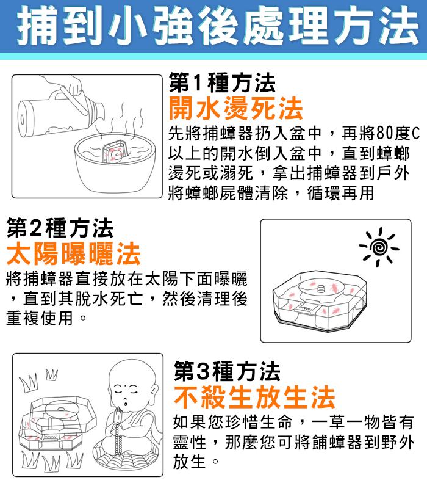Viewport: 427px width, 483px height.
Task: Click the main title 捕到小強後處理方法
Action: pyautogui.click(x=218, y=26)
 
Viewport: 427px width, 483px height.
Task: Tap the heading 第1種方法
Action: pyautogui.click(x=222, y=83)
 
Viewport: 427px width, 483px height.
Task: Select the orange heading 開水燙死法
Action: pyautogui.click(x=235, y=107)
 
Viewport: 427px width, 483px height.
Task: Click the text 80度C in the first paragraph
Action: pyautogui.click(x=398, y=133)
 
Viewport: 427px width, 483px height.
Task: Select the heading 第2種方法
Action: pyautogui.click(x=60, y=228)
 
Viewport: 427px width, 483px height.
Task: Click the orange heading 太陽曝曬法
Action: pyautogui.click(x=74, y=253)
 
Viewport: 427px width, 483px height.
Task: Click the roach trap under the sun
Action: pyautogui.click(x=320, y=301)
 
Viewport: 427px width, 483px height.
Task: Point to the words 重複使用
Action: pyautogui.click(x=40, y=318)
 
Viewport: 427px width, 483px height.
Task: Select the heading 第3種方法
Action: pyautogui.click(x=227, y=372)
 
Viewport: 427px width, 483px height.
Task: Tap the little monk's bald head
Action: pyautogui.click(x=132, y=374)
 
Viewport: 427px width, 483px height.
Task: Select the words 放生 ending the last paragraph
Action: pyautogui.click(x=189, y=462)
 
